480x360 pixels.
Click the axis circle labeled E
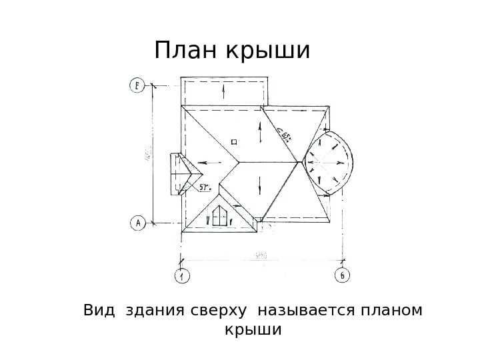point(136,85)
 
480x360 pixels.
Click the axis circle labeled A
point(137,223)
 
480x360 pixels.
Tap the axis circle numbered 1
point(181,275)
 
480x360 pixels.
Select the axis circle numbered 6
point(341,275)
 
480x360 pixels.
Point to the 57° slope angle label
point(206,187)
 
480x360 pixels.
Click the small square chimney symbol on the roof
point(234,141)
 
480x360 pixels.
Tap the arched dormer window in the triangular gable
point(219,215)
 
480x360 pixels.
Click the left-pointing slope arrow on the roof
point(212,161)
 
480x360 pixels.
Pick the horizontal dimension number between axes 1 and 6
point(261,255)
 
